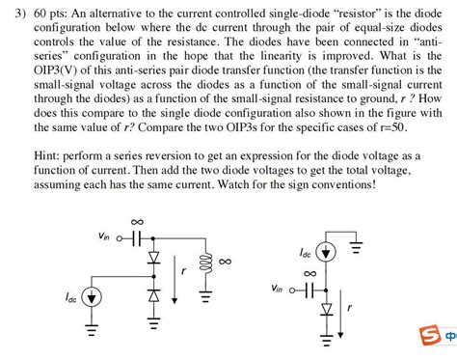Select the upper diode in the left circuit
151,260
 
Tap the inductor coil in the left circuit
203,263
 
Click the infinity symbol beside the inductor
225,262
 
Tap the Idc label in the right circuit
305,253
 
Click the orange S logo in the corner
430,337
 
